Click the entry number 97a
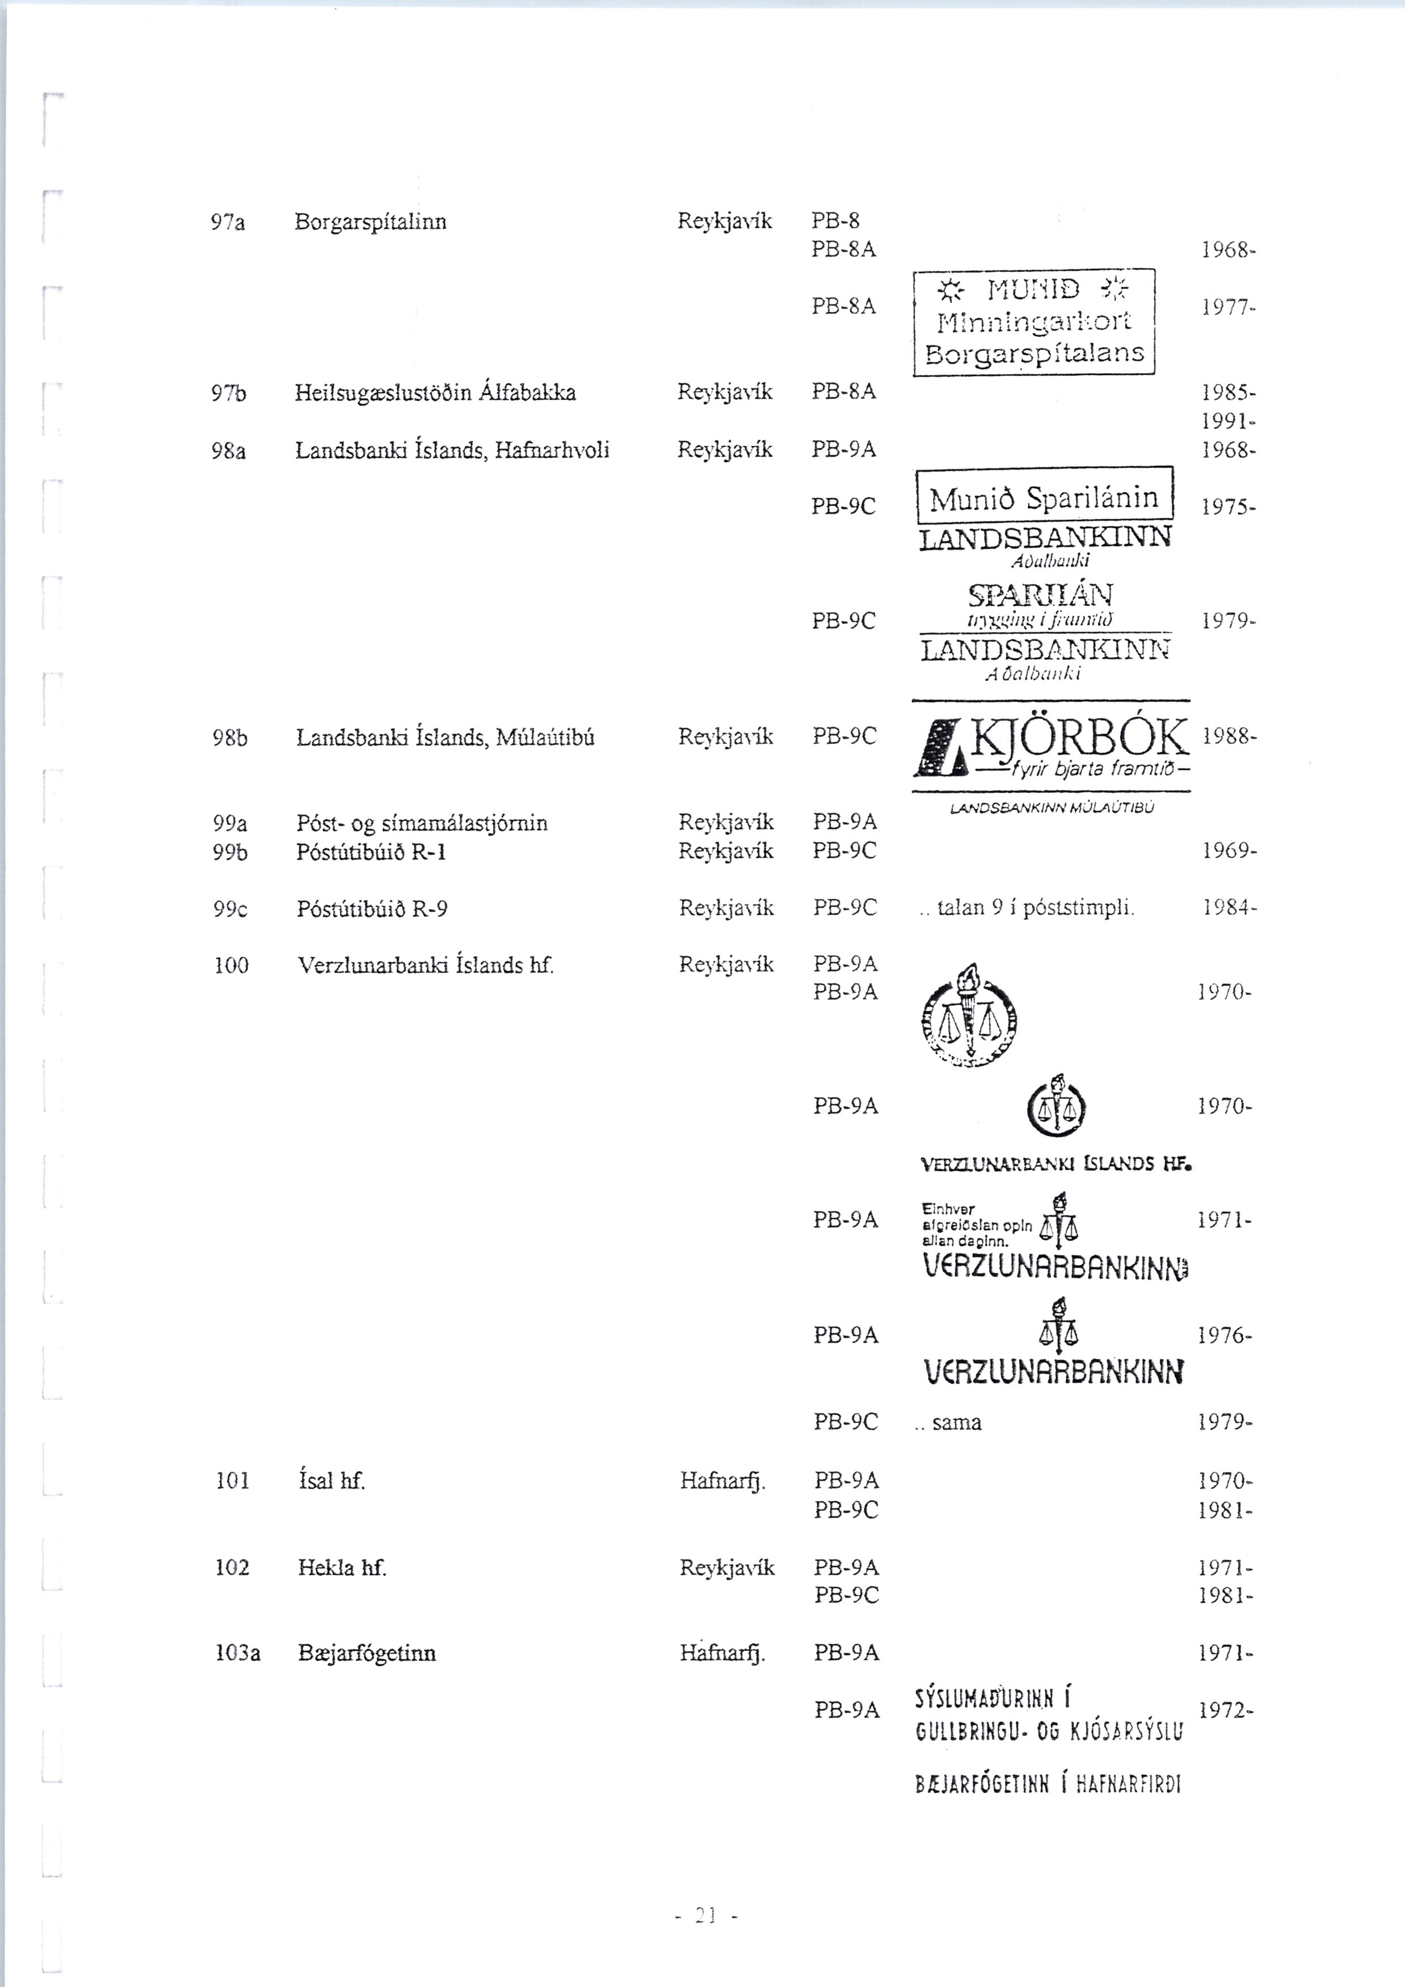pyautogui.click(x=228, y=223)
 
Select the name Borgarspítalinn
pyautogui.click(x=371, y=223)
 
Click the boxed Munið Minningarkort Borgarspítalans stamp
pyautogui.click(x=1034, y=322)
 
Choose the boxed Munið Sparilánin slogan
pyautogui.click(x=1044, y=498)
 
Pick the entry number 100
pyautogui.click(x=231, y=965)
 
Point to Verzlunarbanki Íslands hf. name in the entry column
pyautogui.click(x=425, y=965)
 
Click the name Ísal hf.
pyautogui.click(x=331, y=1481)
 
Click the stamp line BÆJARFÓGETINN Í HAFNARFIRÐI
pyautogui.click(x=1048, y=1784)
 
